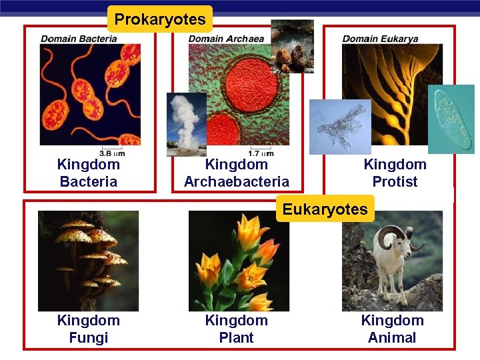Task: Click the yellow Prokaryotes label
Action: (160, 19)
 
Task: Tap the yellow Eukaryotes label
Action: (325, 209)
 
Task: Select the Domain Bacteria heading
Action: (79, 39)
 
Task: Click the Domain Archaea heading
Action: (226, 39)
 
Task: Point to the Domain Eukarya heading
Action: (380, 39)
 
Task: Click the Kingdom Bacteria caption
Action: (89, 173)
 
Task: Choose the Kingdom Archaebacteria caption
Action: (237, 173)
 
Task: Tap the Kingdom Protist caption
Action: (395, 173)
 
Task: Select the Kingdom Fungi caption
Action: (89, 329)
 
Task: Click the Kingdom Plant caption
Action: (237, 329)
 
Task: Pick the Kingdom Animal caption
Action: (392, 329)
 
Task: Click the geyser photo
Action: (186, 124)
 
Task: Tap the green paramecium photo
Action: (451, 119)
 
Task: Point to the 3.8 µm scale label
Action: (111, 153)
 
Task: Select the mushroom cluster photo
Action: (89, 261)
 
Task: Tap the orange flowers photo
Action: (238, 261)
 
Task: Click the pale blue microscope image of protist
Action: (340, 127)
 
